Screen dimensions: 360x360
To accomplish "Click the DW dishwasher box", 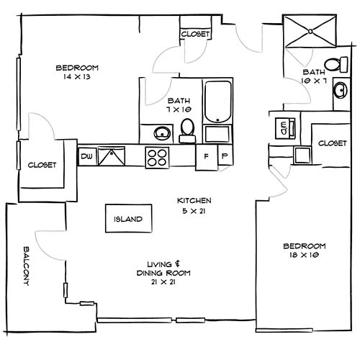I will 87,156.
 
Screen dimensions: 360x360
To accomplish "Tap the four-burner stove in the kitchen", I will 158,157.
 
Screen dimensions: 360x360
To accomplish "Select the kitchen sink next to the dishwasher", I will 112,156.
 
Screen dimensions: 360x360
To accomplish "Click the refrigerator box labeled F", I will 207,156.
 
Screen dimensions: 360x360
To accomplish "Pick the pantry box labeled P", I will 224,156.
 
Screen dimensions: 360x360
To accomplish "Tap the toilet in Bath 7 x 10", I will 188,128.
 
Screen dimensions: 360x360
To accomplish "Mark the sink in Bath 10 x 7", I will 338,96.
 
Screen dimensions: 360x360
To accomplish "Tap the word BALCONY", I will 26,264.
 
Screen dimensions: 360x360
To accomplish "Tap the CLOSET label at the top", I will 195,35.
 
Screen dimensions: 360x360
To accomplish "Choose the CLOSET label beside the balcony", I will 42,165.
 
